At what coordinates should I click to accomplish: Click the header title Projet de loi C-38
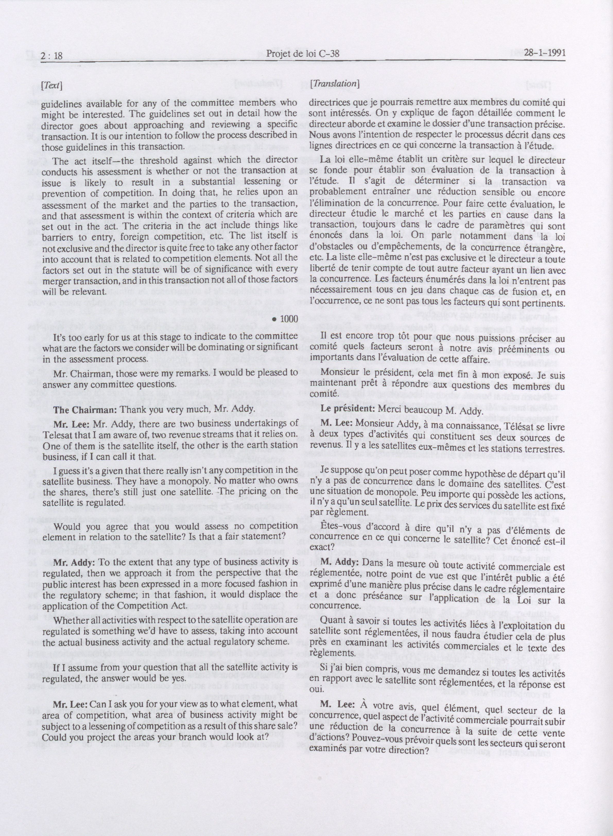[x=303, y=55]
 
